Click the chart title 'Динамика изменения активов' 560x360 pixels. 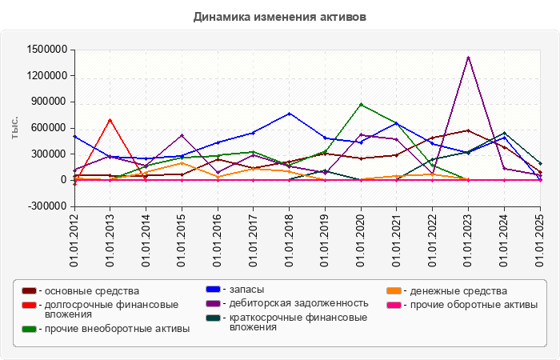pyautogui.click(x=279, y=16)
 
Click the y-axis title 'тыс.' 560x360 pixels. pyautogui.click(x=16, y=128)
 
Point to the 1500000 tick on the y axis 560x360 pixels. pyautogui.click(x=45, y=50)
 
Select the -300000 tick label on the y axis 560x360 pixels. pyautogui.click(x=46, y=206)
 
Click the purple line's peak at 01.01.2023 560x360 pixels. pyautogui.click(x=468, y=58)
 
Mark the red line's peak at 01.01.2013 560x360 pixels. pyautogui.click(x=110, y=120)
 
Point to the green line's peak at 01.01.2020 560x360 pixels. pyautogui.click(x=361, y=105)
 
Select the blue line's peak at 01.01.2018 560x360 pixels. pyautogui.click(x=289, y=114)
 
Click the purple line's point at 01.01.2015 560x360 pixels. pyautogui.click(x=182, y=135)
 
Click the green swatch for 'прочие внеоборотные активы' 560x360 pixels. pyautogui.click(x=29, y=329)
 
